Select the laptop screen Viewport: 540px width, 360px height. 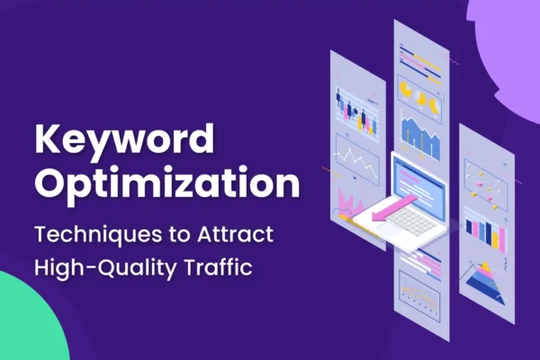[x=423, y=181]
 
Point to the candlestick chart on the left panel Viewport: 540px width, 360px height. [x=355, y=108]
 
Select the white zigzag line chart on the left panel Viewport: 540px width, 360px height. [x=357, y=162]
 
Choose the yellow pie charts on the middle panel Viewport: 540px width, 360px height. [x=418, y=94]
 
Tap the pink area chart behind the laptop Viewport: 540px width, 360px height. [x=346, y=202]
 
